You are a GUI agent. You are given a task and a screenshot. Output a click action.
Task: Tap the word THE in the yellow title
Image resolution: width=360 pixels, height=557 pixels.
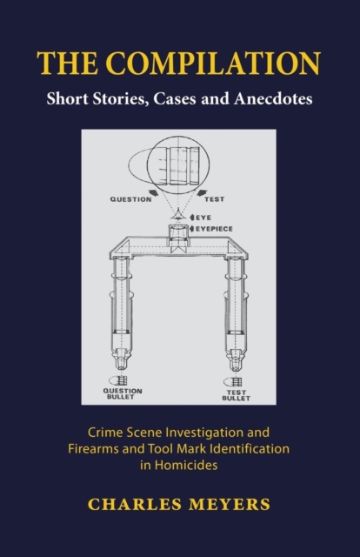pos(67,64)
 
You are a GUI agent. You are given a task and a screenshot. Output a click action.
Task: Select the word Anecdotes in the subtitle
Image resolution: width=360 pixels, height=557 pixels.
pos(273,98)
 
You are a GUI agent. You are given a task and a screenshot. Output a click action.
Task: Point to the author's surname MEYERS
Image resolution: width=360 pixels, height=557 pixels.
pos(230,505)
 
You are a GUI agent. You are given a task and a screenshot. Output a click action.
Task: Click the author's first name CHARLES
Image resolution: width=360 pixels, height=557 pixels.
pos(135,505)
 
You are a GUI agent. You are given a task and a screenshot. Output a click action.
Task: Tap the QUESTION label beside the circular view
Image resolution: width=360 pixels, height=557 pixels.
pos(130,199)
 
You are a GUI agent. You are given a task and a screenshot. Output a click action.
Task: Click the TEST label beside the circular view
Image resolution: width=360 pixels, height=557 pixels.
pos(214,199)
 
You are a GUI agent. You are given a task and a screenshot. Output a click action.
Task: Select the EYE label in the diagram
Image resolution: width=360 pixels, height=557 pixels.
pos(203,218)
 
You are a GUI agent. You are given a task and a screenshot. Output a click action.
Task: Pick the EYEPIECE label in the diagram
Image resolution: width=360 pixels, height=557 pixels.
pos(214,229)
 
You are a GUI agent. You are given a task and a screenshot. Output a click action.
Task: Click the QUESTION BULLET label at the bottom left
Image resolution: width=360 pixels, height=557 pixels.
pos(123,393)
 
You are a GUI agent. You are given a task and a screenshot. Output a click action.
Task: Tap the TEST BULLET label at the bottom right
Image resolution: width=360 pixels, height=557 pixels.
pos(237,395)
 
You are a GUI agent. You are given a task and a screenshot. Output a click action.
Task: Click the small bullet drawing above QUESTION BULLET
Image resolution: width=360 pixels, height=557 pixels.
pos(118,380)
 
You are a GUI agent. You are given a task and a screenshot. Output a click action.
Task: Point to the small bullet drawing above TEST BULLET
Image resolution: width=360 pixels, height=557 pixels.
pos(233,382)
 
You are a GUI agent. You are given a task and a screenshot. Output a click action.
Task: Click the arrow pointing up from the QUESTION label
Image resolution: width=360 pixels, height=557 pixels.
pos(154,192)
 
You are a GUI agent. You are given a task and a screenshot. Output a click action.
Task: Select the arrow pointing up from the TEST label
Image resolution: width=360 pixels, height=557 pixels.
pos(202,192)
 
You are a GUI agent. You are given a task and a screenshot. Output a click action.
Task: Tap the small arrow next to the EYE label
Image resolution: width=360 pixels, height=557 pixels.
pos(192,217)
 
